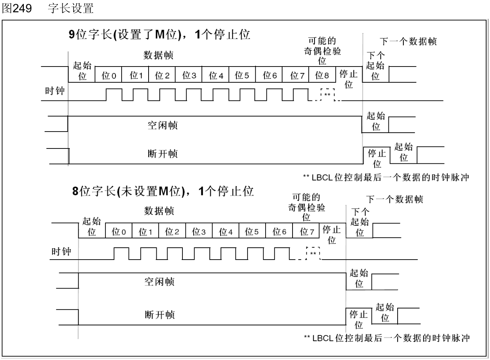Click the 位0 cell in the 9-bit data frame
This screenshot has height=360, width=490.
coord(109,75)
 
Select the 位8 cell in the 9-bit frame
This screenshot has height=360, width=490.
coord(322,75)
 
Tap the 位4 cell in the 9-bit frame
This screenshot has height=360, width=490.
coord(216,75)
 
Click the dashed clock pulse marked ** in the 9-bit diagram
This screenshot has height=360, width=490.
coord(328,94)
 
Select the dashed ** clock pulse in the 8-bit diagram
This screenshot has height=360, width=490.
coord(313,253)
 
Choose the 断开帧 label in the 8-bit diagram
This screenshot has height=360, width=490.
coord(159,315)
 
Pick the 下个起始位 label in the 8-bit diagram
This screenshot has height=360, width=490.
coord(360,222)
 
